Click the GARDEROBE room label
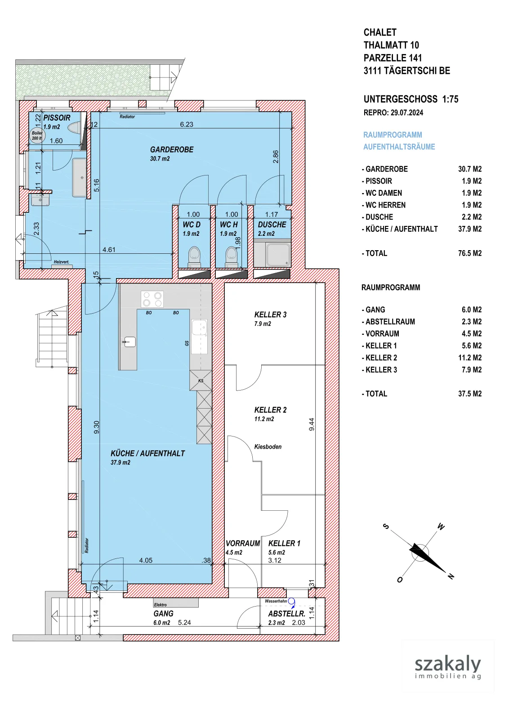172,149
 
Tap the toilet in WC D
194,256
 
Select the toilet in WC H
231,256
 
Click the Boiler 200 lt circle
37,135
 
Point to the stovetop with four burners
152,299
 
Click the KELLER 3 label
270,315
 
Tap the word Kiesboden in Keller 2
268,447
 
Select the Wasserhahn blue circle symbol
291,601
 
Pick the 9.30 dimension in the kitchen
96,427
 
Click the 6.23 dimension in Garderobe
187,124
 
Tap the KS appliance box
201,380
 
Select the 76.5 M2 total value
470,253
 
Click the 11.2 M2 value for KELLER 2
470,358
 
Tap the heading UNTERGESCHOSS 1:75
411,99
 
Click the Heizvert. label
61,262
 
